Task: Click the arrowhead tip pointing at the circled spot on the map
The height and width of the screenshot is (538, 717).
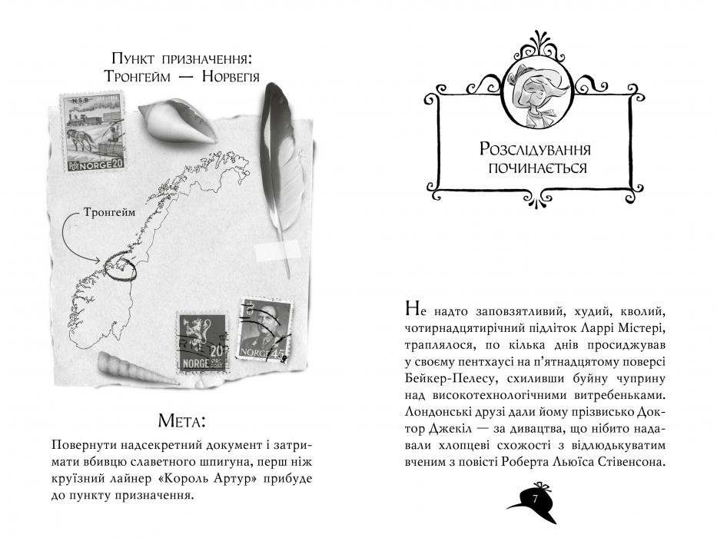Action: [x=100, y=261]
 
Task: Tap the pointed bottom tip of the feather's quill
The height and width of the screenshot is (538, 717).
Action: [x=288, y=277]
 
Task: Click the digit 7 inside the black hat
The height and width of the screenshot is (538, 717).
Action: [x=536, y=499]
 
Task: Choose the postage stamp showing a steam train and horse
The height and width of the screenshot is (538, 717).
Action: [x=93, y=133]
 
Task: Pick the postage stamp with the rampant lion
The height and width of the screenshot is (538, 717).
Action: [x=201, y=342]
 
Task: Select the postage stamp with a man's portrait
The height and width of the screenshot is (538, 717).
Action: [x=264, y=330]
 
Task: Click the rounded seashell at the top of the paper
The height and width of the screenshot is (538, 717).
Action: [x=177, y=120]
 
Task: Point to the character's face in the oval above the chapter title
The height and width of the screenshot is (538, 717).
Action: [x=536, y=89]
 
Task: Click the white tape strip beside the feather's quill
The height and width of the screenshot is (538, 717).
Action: [x=277, y=251]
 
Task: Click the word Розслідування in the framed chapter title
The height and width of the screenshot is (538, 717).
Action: [x=535, y=150]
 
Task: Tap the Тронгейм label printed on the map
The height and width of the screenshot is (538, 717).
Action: [x=110, y=212]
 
